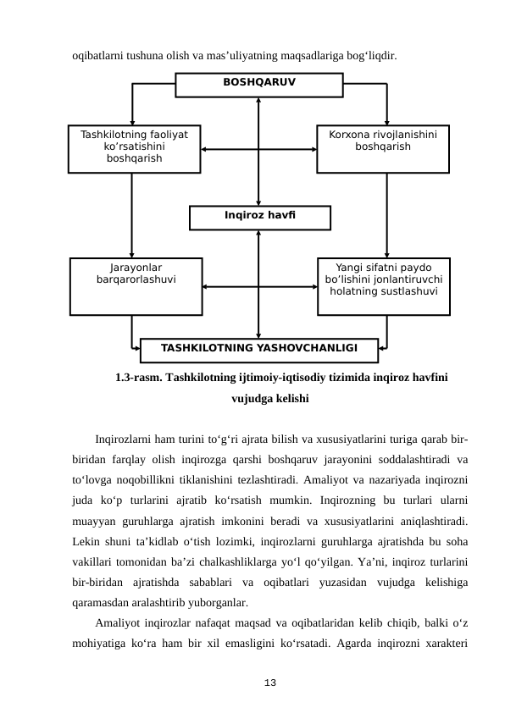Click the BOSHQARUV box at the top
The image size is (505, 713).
coord(258,85)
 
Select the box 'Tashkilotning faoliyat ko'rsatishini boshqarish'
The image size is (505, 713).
coord(134,148)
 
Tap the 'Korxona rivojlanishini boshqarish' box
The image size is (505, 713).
coord(383,148)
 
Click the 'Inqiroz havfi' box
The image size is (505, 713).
coord(259,218)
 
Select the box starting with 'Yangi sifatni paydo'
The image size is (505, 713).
coord(383,285)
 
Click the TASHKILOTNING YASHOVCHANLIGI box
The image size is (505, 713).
coord(258,349)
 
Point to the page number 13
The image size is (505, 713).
coord(269,682)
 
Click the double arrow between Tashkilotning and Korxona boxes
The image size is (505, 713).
coord(258,150)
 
